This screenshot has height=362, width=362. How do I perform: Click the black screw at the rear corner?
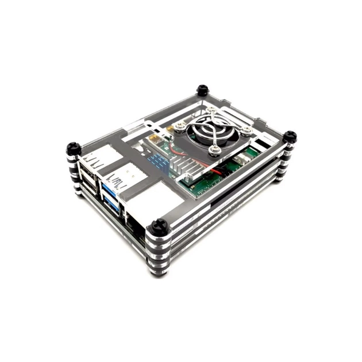point(202,90)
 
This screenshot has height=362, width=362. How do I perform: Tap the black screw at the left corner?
point(74,148)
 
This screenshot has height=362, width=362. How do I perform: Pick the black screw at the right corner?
point(290,137)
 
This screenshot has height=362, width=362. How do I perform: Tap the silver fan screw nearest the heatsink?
point(215,151)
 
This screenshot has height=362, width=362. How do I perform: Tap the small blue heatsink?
point(158,161)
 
